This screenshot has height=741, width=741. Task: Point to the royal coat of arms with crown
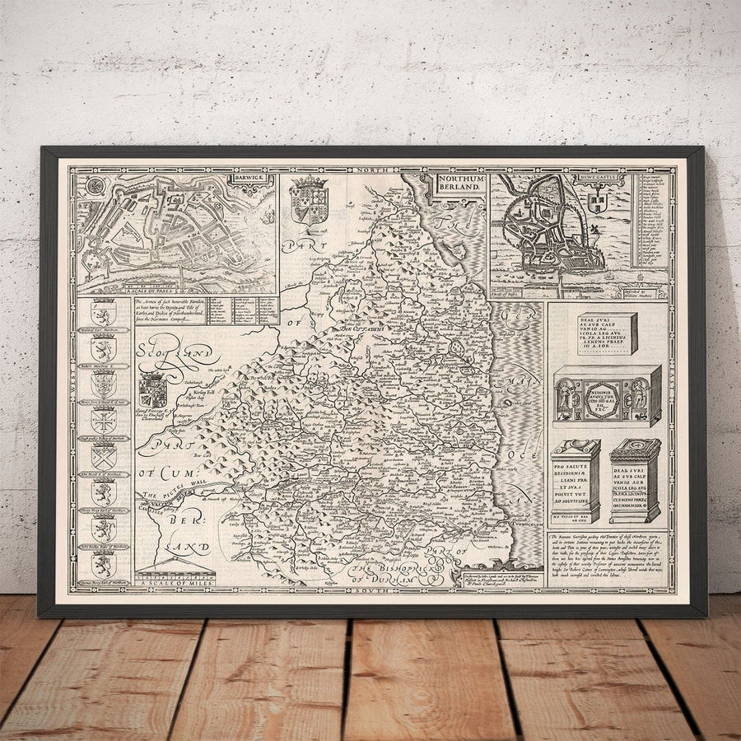pos(310,198)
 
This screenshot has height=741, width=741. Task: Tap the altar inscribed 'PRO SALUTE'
pos(575,482)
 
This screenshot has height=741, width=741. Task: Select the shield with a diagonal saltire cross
pos(104,456)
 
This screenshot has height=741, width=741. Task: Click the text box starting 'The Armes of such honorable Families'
pos(170,310)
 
